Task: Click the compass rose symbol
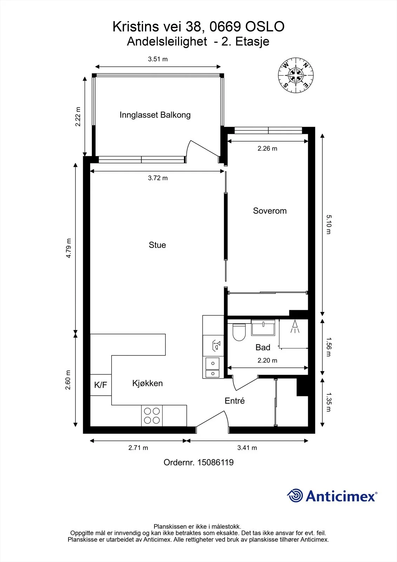click(x=296, y=75)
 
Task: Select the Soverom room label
click(x=270, y=211)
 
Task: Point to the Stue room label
click(x=157, y=245)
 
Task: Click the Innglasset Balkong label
click(x=155, y=115)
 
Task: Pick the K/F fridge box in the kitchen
click(x=101, y=385)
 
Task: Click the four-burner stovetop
click(x=152, y=416)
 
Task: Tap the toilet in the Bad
click(x=239, y=332)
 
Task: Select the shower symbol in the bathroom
click(x=295, y=327)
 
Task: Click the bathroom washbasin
click(x=263, y=327)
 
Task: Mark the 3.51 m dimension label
click(x=158, y=59)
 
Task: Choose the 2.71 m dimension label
click(x=138, y=447)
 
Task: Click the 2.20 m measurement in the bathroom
click(x=267, y=360)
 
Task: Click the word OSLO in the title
click(x=265, y=27)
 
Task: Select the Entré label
click(x=234, y=401)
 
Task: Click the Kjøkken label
click(x=147, y=383)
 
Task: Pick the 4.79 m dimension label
click(x=68, y=248)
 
